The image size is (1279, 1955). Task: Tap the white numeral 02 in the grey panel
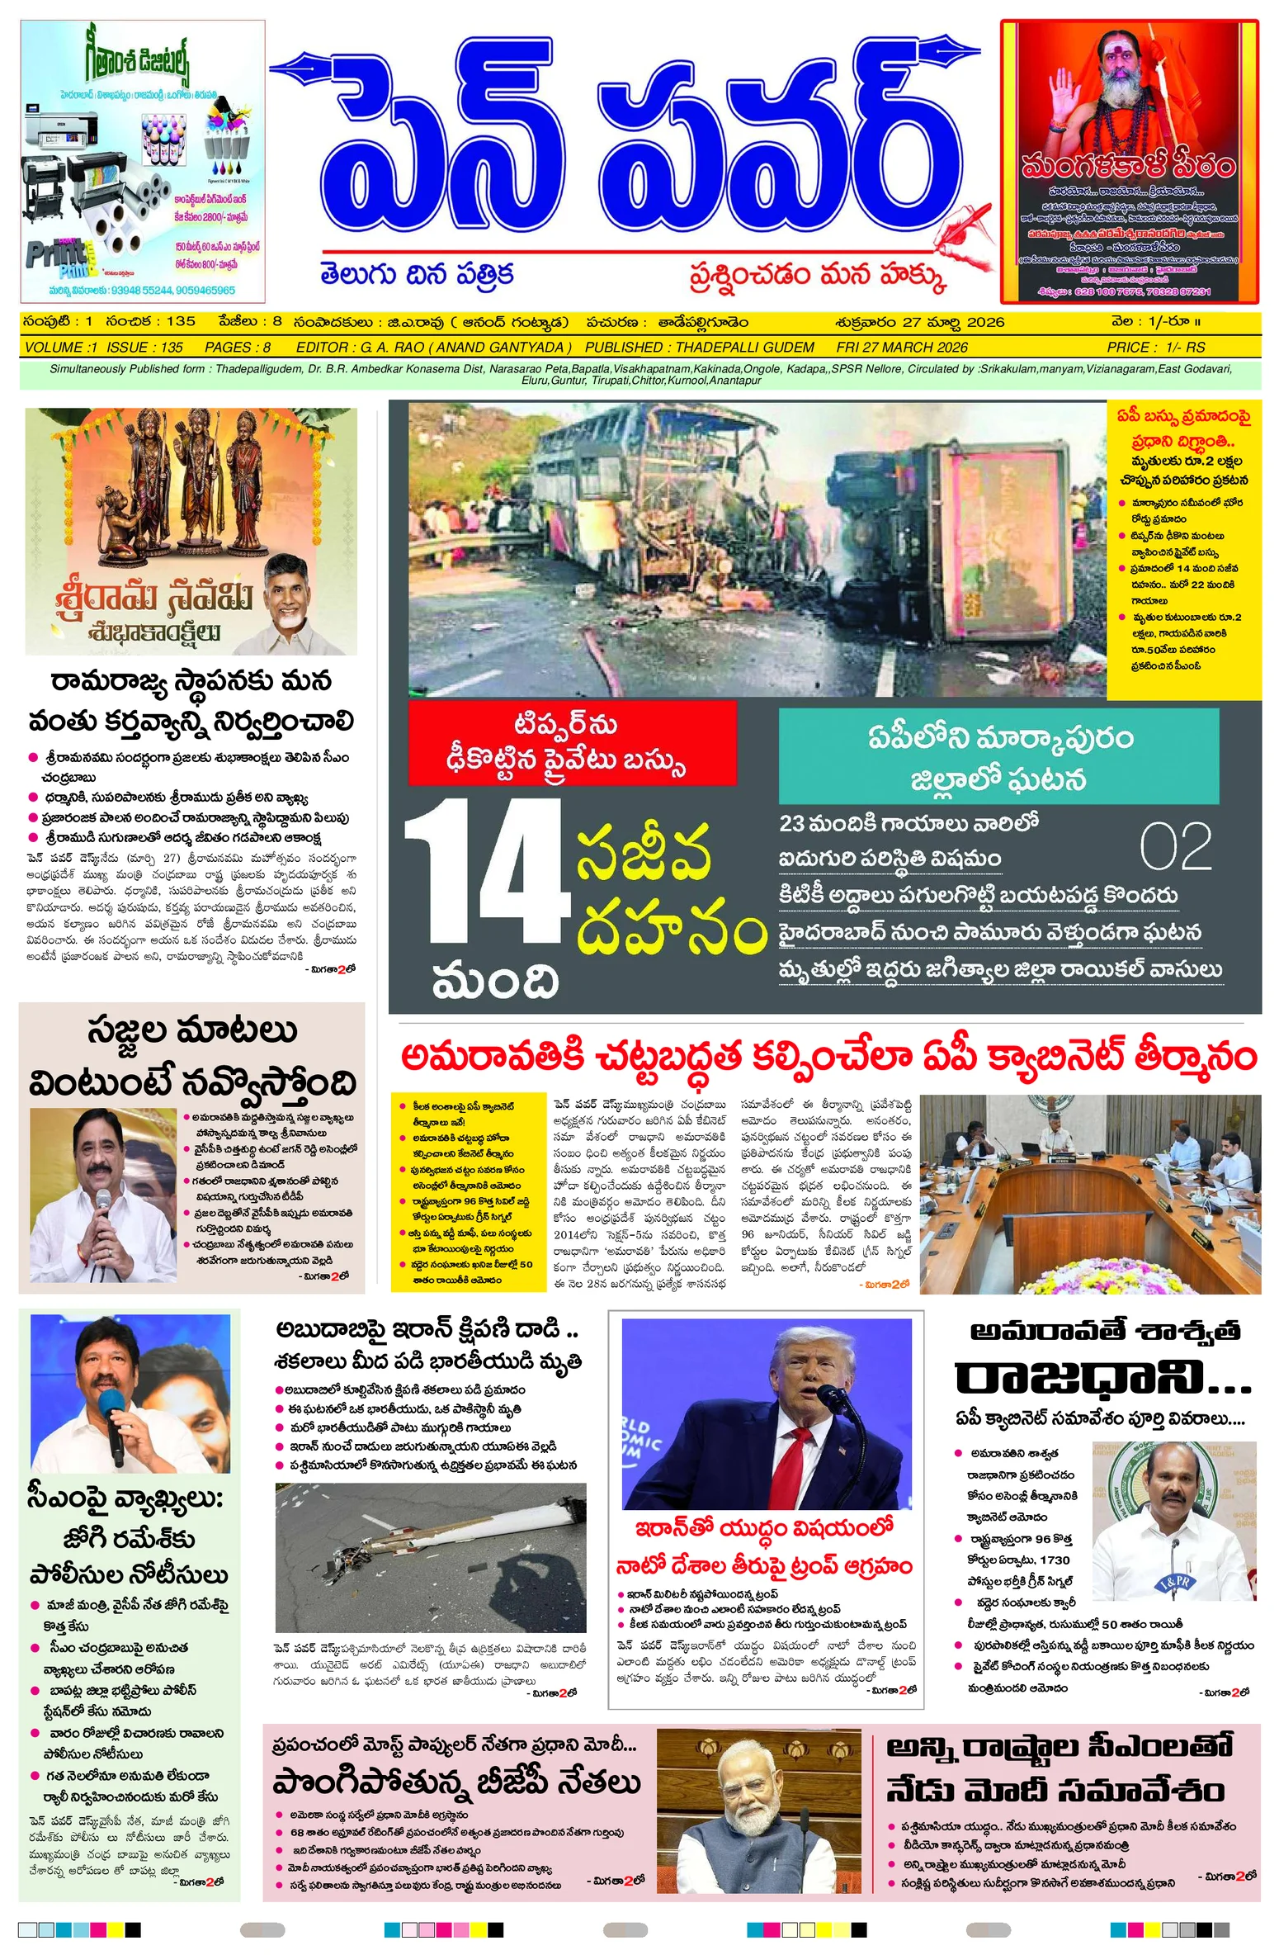tap(1175, 847)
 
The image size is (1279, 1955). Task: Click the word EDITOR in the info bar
tap(322, 348)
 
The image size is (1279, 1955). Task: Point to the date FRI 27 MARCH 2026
tap(901, 348)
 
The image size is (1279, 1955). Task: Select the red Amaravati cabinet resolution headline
tap(828, 1057)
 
